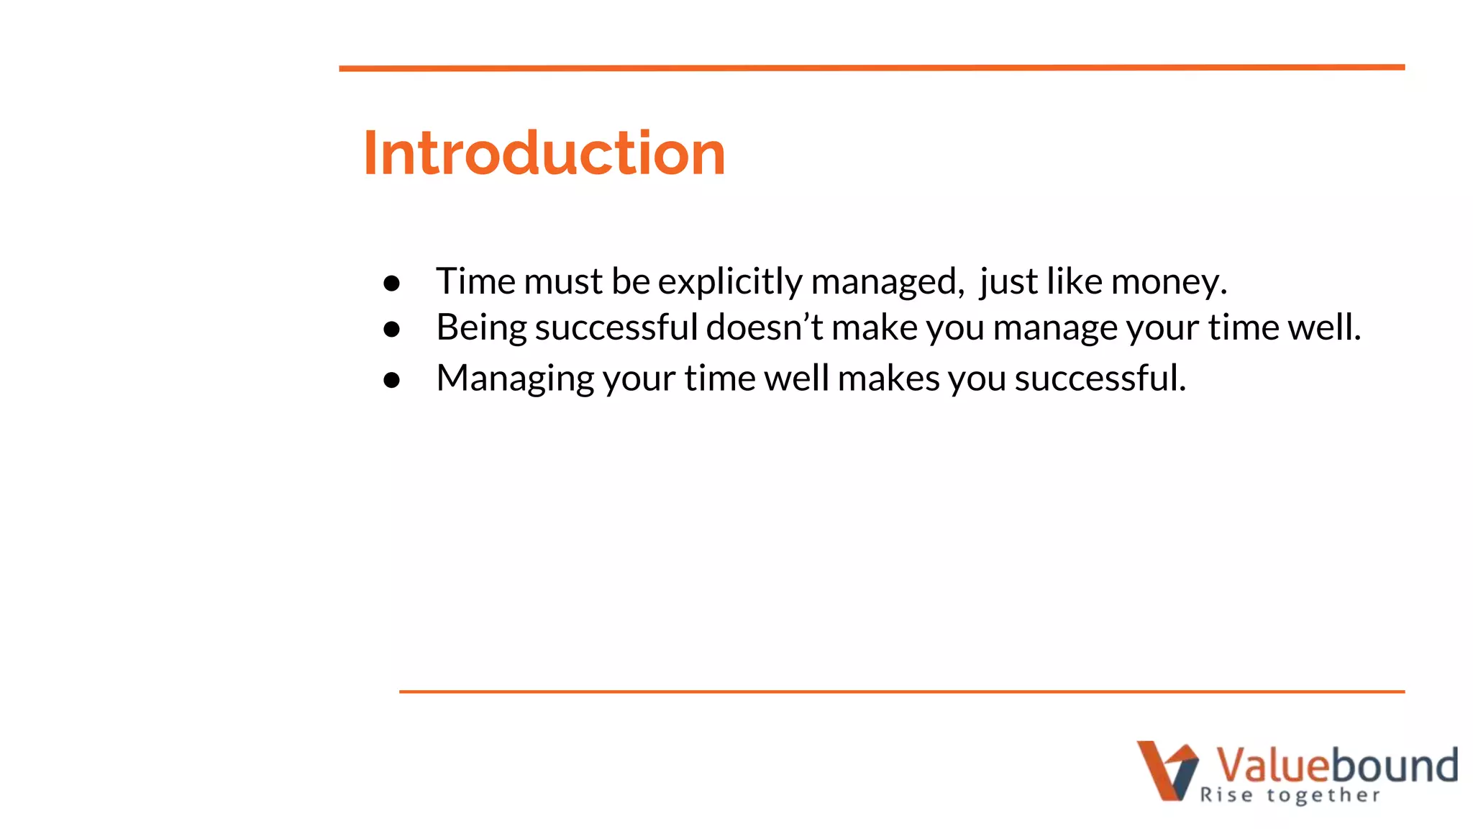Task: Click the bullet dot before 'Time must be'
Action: point(391,283)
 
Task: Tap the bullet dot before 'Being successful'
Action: point(391,330)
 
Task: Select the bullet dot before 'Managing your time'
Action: point(391,380)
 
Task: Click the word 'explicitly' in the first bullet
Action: point(729,281)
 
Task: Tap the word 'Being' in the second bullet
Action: point(481,327)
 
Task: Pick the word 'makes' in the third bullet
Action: point(888,378)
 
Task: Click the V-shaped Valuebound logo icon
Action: point(1167,770)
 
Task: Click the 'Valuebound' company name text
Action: point(1336,764)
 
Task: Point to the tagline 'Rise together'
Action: point(1290,795)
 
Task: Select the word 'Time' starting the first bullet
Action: point(475,281)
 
